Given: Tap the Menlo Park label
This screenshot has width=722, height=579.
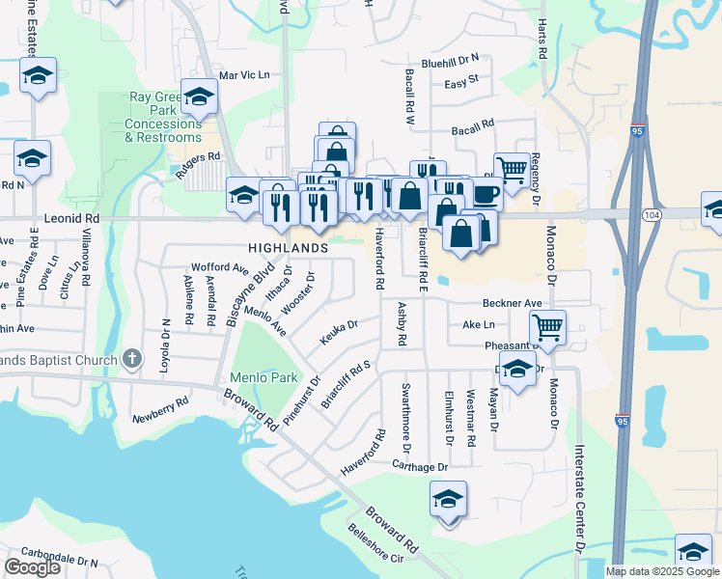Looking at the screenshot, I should pyautogui.click(x=264, y=377).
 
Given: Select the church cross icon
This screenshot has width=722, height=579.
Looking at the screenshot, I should pyautogui.click(x=133, y=360).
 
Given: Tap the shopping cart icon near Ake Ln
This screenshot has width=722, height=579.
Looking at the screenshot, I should pyautogui.click(x=547, y=327).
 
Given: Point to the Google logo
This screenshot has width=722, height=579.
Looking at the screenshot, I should pyautogui.click(x=32, y=567).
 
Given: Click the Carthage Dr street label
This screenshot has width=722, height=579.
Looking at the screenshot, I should pyautogui.click(x=421, y=466).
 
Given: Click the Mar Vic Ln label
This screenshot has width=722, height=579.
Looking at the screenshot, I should pyautogui.click(x=244, y=74).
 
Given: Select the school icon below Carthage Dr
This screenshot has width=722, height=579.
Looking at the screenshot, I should pyautogui.click(x=448, y=500).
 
